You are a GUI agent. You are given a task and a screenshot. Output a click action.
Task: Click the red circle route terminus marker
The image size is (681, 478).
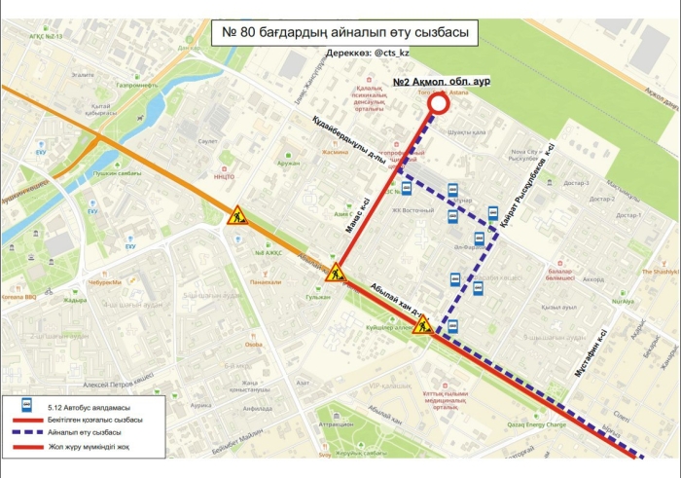click(x=438, y=104)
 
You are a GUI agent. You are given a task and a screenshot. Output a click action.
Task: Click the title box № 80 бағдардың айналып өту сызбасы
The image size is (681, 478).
click(x=346, y=33)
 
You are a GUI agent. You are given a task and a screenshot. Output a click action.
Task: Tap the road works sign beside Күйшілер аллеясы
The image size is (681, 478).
click(x=423, y=325)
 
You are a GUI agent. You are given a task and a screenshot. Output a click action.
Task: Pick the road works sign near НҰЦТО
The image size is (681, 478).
click(x=237, y=218)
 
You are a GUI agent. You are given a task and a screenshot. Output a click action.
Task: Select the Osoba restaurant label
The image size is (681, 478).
click(x=253, y=344)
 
